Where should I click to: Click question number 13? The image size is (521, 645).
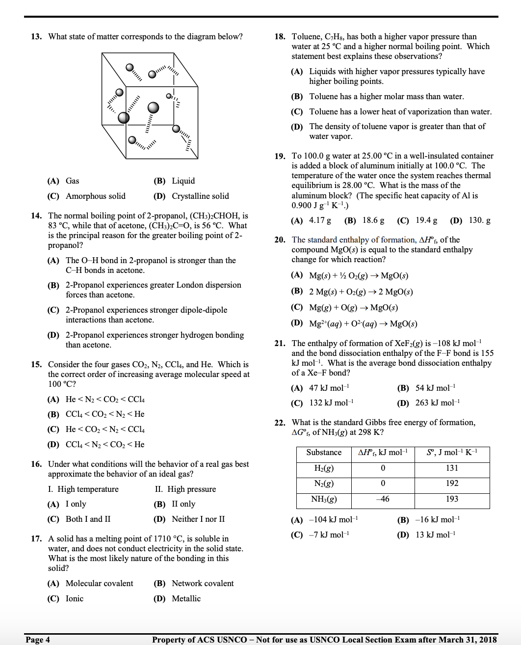[x=36, y=37]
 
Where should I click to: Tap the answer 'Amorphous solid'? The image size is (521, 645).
[x=95, y=196]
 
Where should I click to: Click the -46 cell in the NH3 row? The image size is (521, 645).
[x=383, y=499]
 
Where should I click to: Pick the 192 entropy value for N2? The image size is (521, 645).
[x=452, y=484]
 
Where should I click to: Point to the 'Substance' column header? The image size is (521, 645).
[x=324, y=453]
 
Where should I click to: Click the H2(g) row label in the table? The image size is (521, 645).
[x=324, y=468]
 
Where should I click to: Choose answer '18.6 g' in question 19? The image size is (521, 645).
[x=373, y=220]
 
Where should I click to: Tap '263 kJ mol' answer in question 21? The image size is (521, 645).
[x=437, y=403]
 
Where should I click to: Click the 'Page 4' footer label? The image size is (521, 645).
[x=38, y=640]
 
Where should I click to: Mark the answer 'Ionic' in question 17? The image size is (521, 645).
[x=75, y=599]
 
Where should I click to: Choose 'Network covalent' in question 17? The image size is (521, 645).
[x=203, y=584]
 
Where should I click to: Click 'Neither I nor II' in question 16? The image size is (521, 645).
[x=198, y=519]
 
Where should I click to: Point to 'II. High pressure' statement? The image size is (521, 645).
[x=185, y=489]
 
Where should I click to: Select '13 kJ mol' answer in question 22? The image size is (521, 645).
[x=435, y=535]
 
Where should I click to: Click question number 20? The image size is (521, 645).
[x=280, y=240]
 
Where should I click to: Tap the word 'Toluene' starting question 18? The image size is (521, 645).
[x=306, y=37]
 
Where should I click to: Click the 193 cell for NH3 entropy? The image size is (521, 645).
[x=452, y=499]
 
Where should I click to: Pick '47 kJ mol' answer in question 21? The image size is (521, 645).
[x=329, y=388]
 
